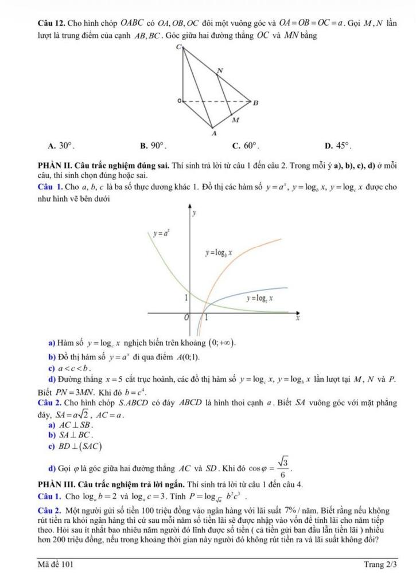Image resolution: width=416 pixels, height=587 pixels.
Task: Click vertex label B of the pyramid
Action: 255,103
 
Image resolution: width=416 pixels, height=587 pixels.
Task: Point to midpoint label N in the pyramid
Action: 219,71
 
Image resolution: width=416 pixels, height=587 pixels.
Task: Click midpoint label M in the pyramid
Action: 234,121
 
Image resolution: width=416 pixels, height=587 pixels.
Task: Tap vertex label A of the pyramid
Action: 214,133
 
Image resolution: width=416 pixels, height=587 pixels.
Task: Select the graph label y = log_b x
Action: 219,252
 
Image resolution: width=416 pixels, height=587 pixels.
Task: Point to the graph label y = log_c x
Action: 259,298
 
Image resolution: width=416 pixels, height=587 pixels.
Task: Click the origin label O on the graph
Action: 185,317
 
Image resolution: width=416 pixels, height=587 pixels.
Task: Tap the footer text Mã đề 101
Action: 52,565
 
